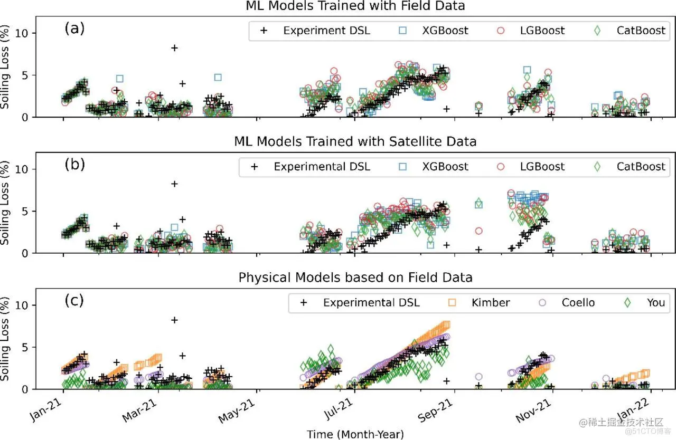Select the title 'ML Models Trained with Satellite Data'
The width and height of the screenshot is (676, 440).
click(x=355, y=141)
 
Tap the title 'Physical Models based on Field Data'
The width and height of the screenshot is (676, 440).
click(x=355, y=277)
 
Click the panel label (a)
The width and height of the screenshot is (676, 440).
click(x=74, y=29)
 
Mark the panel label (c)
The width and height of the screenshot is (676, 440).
click(x=74, y=301)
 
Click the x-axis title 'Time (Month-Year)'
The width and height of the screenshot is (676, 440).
click(x=355, y=434)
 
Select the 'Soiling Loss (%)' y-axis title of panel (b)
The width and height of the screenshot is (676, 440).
click(x=6, y=204)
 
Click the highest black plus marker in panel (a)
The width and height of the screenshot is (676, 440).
click(x=174, y=48)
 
